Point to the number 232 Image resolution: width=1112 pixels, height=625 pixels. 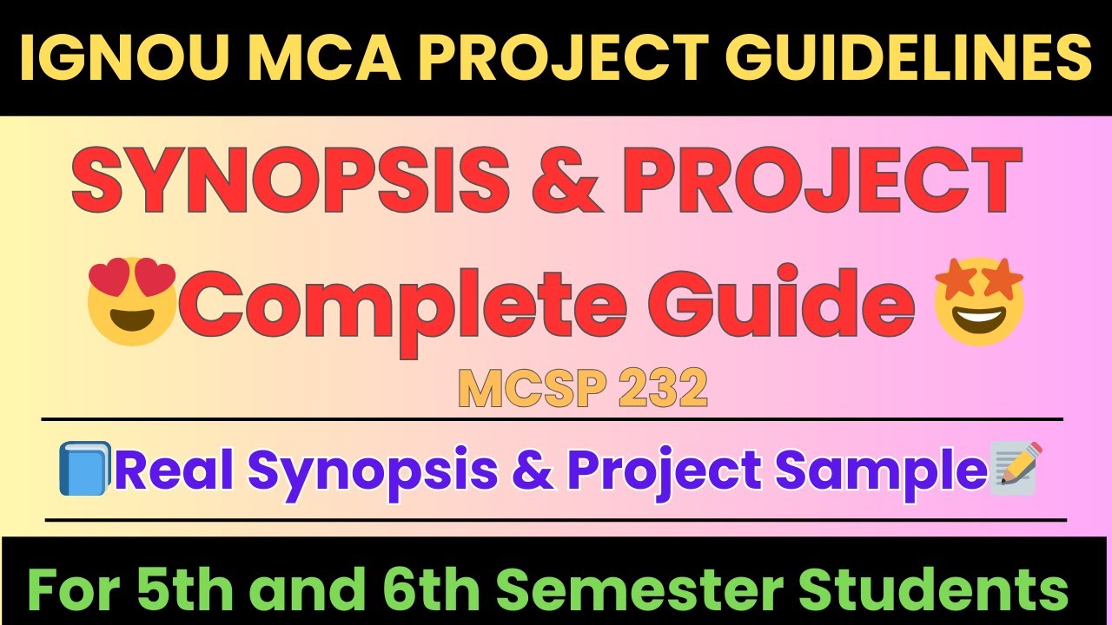coord(663,391)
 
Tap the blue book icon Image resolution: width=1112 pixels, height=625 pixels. coord(84,469)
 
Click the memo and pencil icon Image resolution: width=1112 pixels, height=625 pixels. coord(1015,469)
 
